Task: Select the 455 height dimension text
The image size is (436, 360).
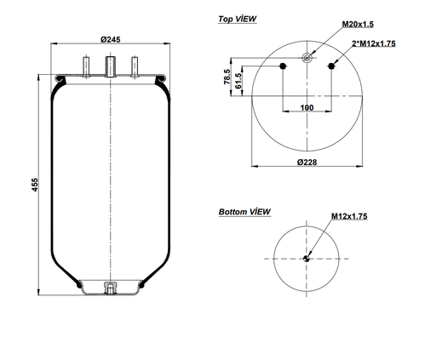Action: tap(35, 186)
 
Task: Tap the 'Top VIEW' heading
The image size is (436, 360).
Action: tap(238, 18)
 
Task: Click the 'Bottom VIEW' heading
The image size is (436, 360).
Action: tap(244, 211)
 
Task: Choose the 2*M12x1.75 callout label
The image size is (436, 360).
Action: tap(374, 43)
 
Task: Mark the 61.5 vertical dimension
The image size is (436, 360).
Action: tap(239, 81)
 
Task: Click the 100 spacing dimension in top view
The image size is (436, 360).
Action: tap(306, 108)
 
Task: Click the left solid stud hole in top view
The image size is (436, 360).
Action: tap(281, 66)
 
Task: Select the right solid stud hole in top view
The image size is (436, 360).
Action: tap(333, 66)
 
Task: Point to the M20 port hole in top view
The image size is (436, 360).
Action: tap(307, 59)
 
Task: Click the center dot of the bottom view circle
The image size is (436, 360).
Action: tap(307, 259)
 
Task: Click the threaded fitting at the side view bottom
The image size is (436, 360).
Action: tap(109, 289)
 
